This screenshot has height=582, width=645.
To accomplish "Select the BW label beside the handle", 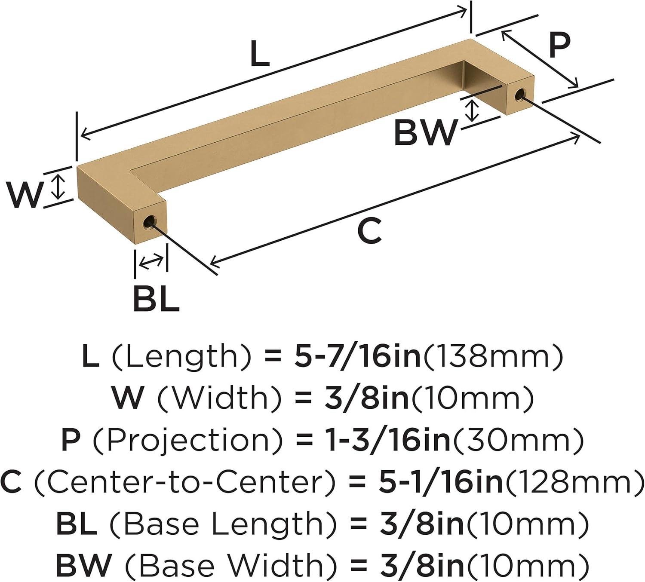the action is click(x=425, y=133).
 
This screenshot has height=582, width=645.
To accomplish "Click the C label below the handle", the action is click(x=369, y=230).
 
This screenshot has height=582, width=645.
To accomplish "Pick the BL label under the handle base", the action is click(x=156, y=299).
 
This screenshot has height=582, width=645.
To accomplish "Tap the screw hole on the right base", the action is click(x=519, y=95).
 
